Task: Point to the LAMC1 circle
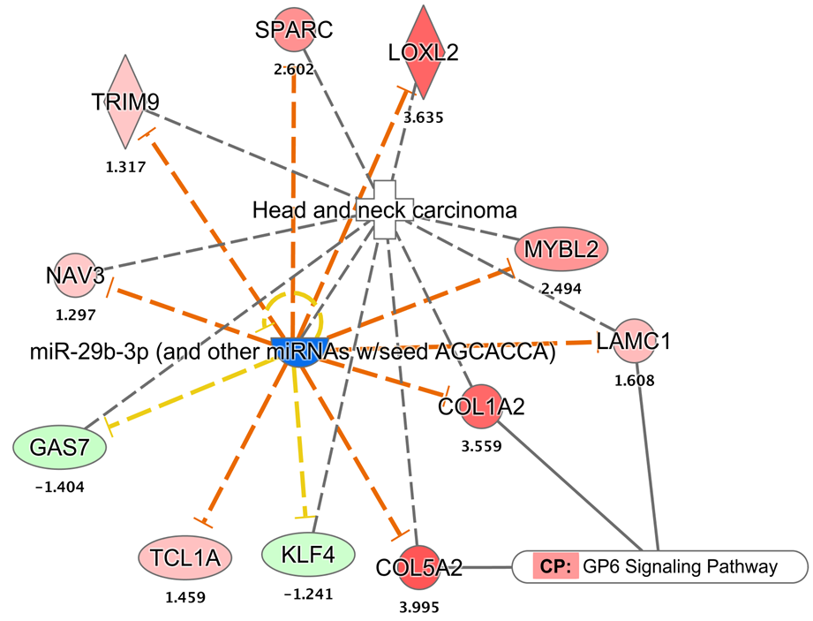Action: pos(634,341)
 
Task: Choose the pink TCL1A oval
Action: pos(184,557)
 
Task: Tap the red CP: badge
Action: pos(554,566)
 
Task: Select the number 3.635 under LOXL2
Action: pos(424,116)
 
